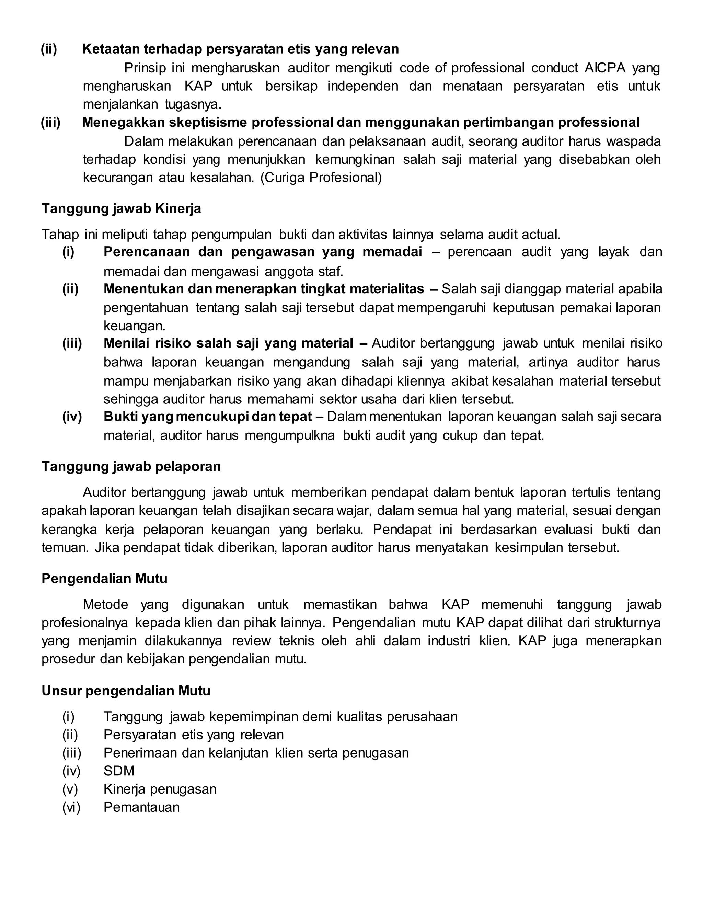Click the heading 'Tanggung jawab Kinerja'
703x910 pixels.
(x=121, y=208)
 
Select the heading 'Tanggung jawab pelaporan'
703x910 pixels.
(x=131, y=466)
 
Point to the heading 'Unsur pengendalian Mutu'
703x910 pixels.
(x=126, y=691)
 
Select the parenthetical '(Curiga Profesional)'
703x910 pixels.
(x=321, y=178)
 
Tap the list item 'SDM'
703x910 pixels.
(x=119, y=771)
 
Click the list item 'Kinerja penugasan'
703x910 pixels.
(x=160, y=789)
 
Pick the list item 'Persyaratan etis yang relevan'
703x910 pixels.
(x=193, y=735)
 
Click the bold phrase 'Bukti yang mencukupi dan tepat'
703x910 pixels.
(x=207, y=416)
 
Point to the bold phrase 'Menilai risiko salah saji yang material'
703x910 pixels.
(x=228, y=343)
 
